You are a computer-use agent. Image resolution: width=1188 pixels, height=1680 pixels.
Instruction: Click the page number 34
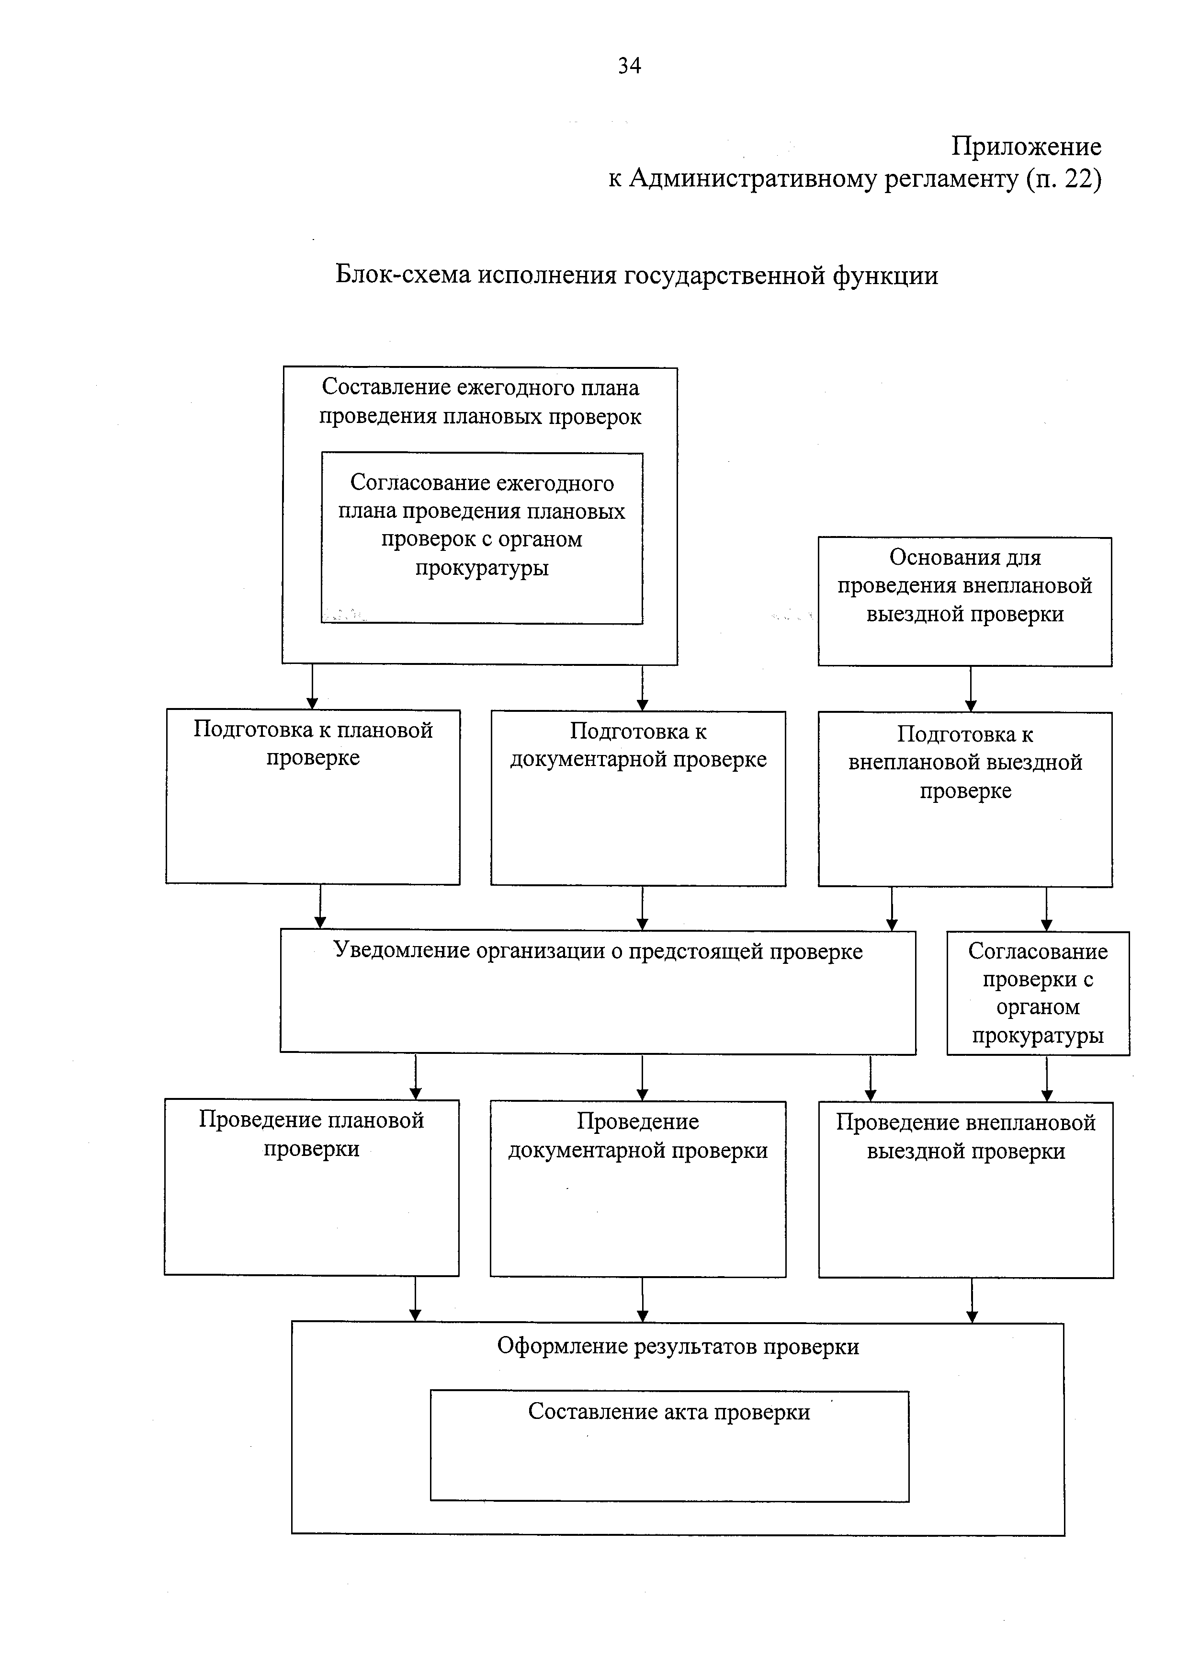629,66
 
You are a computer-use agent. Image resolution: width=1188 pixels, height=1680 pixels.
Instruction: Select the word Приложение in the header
1026,147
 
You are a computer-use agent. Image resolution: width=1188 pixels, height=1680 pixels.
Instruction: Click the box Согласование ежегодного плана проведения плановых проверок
482,538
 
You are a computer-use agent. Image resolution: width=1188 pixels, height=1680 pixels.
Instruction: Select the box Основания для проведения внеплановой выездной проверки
965,602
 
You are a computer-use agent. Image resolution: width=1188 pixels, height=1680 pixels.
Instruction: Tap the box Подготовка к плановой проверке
313,797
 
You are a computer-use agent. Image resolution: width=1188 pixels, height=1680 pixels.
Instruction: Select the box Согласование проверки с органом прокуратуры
1039,993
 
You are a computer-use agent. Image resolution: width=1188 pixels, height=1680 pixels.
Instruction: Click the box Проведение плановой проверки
312,1187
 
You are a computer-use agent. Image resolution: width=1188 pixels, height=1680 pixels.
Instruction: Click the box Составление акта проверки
670,1446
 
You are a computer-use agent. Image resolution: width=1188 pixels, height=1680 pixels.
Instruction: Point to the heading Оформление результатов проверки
678,1346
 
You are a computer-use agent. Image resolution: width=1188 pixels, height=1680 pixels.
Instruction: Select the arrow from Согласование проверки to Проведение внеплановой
1047,1078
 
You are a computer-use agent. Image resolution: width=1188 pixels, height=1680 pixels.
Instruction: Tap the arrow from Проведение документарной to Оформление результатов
642,1300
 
